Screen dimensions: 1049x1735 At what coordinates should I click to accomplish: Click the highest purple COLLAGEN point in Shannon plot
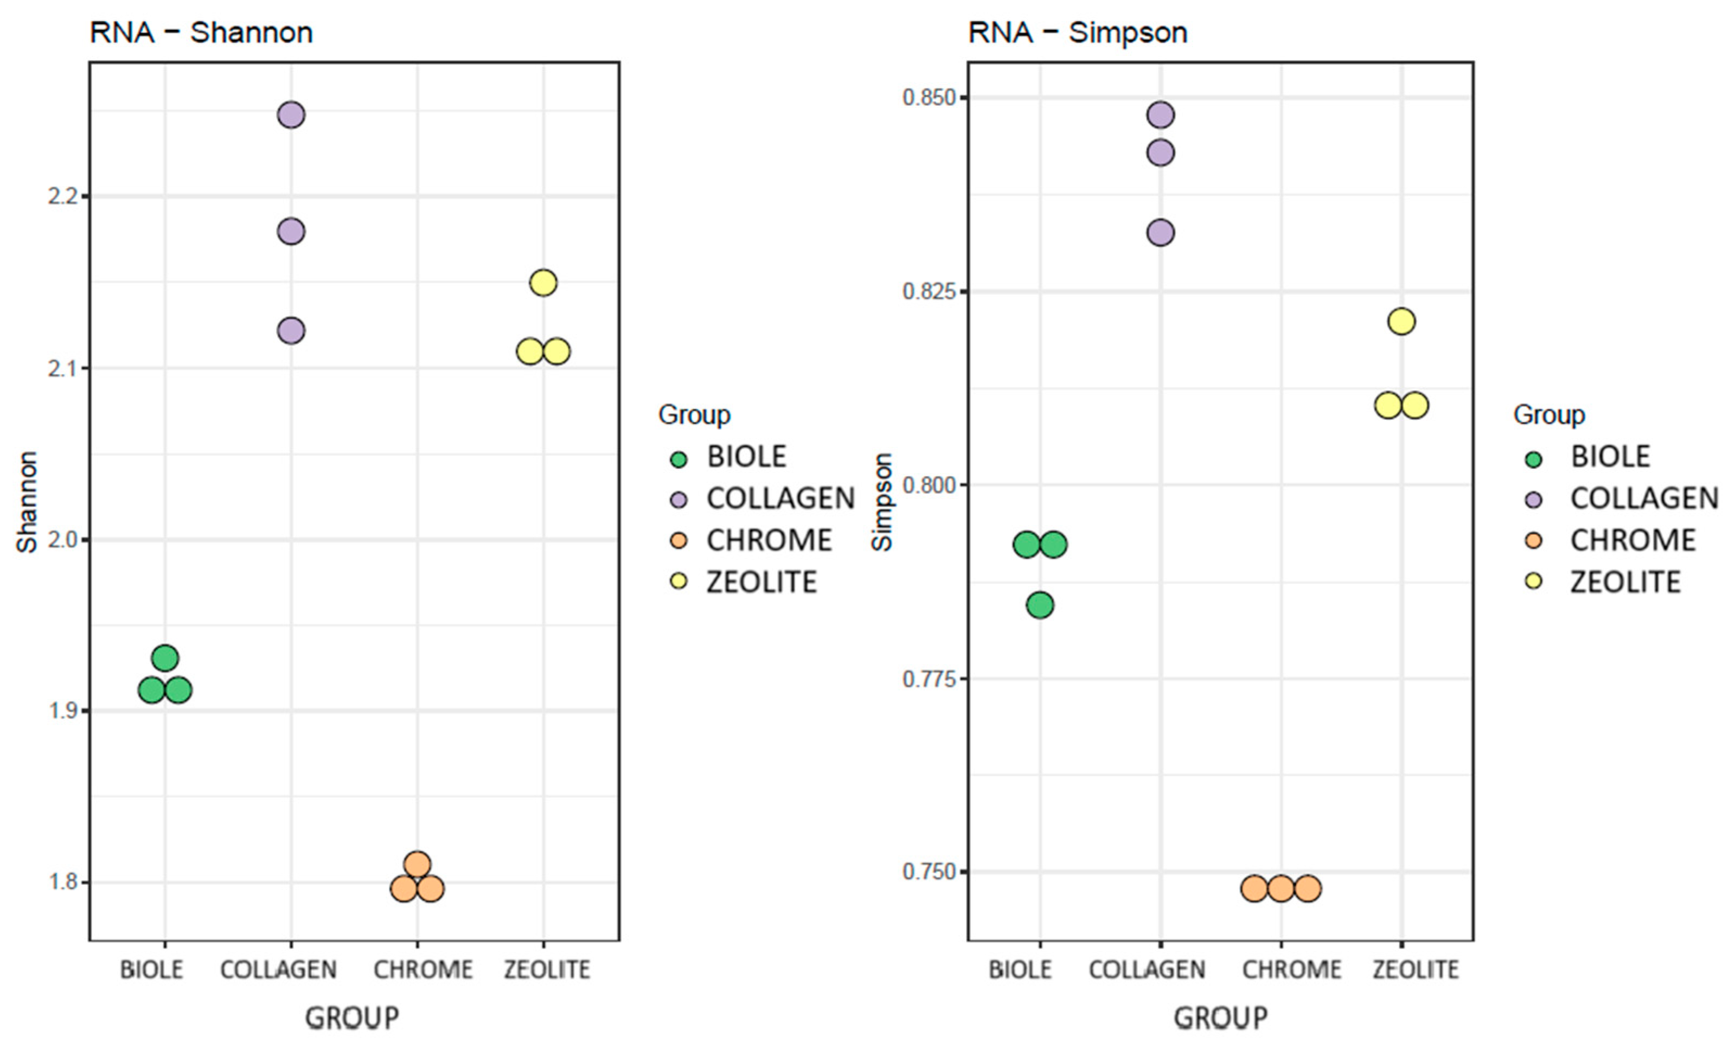point(291,115)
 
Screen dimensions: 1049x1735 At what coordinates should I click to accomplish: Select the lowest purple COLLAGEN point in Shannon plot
point(291,330)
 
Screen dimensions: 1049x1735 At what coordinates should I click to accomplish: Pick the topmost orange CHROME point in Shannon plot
point(417,864)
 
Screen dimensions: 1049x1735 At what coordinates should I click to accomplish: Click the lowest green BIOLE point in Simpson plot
point(1040,605)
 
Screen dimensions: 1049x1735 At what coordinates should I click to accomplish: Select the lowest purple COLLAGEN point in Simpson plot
point(1161,232)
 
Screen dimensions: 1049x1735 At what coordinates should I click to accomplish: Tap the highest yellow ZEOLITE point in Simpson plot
point(1401,322)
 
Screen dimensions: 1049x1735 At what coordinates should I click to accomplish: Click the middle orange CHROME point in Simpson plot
point(1281,888)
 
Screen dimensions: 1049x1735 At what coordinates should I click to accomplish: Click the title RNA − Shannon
point(201,33)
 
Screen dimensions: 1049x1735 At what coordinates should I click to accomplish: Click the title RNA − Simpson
point(1078,33)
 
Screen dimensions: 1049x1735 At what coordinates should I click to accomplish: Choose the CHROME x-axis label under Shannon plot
point(422,970)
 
